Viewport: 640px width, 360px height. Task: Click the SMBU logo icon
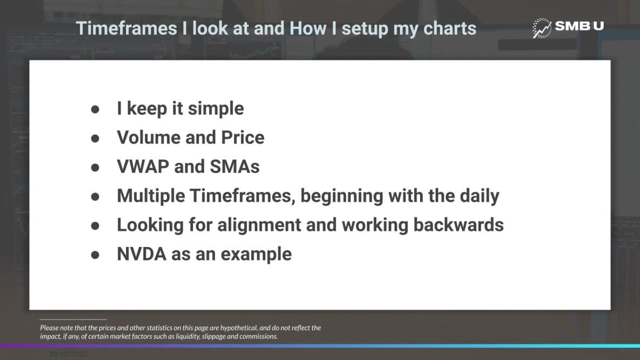542,28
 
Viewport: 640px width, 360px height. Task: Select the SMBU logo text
579,26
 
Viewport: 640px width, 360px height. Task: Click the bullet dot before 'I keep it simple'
95,109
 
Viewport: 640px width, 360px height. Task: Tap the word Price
243,137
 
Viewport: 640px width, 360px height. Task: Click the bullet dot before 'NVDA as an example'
95,254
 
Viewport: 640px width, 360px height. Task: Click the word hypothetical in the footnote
234,328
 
